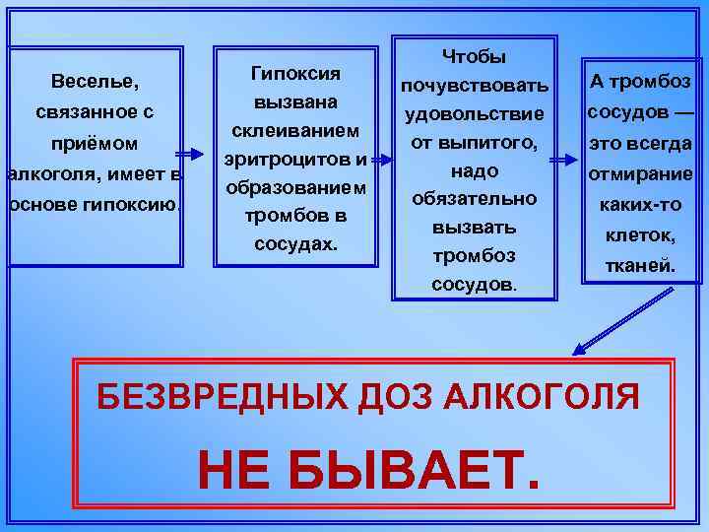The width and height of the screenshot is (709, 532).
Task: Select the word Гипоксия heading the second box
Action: (295, 73)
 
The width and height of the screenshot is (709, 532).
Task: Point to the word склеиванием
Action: (295, 130)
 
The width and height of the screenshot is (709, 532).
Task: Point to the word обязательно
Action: (475, 199)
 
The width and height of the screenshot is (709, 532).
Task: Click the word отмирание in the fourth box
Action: (640, 175)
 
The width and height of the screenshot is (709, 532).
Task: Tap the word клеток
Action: (640, 236)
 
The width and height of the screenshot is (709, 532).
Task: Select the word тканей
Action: (640, 265)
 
